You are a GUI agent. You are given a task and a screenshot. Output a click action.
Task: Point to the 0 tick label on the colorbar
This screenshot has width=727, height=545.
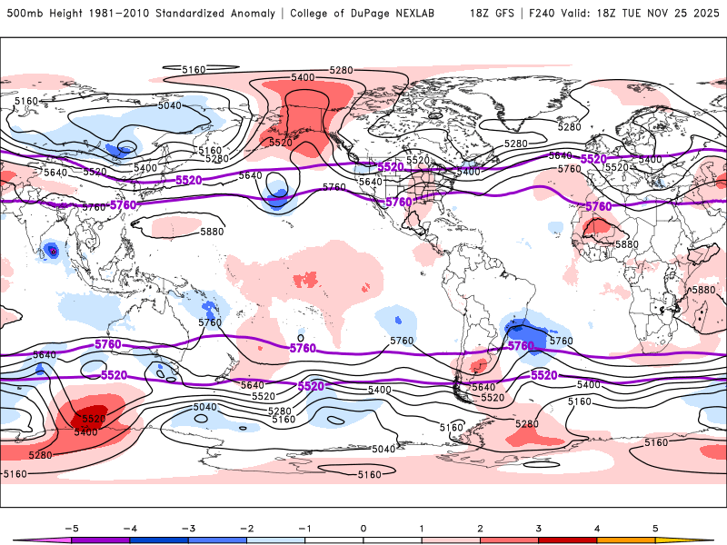[x=363, y=527]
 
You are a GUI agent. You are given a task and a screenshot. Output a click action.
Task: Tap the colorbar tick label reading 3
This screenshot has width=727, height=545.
[x=538, y=527]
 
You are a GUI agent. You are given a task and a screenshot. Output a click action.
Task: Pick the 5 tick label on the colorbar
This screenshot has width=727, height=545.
[x=655, y=527]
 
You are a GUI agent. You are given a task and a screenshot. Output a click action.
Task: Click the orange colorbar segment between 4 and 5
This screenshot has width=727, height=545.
[x=626, y=540]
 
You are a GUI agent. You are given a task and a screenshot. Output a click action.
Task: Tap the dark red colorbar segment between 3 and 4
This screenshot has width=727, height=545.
[x=567, y=540]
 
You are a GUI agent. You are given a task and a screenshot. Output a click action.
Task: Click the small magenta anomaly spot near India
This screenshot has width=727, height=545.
[x=53, y=251]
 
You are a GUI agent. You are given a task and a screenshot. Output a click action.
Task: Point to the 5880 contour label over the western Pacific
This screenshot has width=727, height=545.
[x=211, y=232]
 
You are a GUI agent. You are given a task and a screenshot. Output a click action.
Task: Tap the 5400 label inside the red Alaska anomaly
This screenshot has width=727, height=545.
[x=303, y=78]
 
